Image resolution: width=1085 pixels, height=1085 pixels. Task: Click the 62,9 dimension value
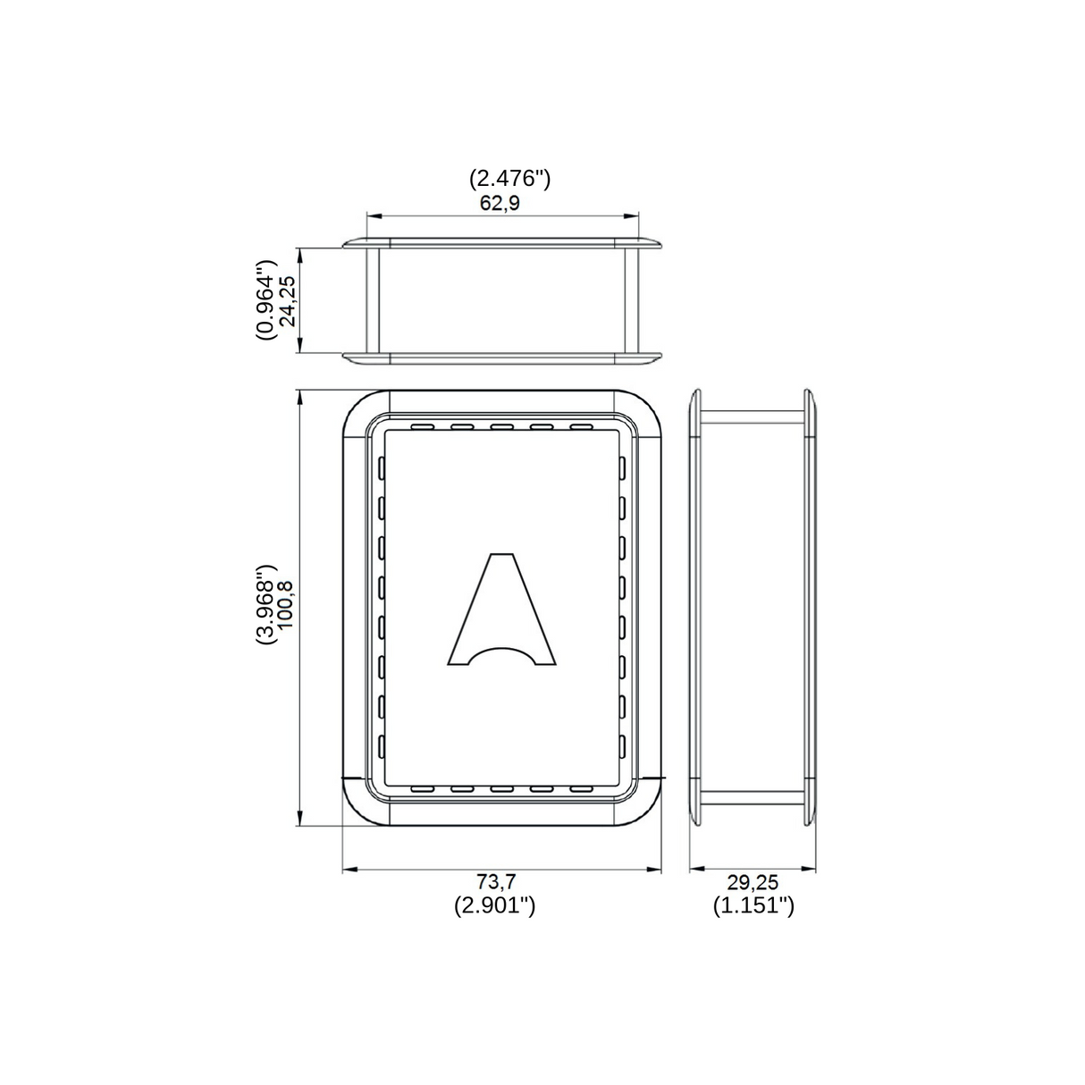[x=500, y=203]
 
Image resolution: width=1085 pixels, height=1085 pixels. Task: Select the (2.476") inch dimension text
[x=509, y=178]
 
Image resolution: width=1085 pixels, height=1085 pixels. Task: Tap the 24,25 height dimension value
[x=288, y=301]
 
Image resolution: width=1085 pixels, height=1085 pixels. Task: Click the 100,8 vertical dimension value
[x=286, y=605]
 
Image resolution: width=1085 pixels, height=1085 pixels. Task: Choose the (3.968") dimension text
[x=265, y=605]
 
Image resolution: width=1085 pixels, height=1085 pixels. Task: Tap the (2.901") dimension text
[x=494, y=905]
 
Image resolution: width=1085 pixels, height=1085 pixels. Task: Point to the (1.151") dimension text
[x=753, y=905]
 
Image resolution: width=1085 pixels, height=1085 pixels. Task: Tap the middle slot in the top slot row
[x=501, y=426]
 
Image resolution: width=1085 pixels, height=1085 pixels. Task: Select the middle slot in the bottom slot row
[x=501, y=788]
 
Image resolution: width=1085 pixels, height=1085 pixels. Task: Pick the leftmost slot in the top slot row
[x=422, y=426]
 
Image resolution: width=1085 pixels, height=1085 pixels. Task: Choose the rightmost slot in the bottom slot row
[x=581, y=788]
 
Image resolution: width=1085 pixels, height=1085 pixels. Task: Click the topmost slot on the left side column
[x=382, y=467]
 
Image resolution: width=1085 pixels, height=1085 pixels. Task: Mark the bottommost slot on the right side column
[x=622, y=745]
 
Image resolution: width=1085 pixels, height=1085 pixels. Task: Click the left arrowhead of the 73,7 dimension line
[x=349, y=867]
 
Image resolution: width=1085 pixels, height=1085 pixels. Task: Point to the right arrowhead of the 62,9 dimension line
[x=634, y=215]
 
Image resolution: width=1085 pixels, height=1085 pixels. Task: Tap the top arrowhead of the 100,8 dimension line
[x=300, y=396]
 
